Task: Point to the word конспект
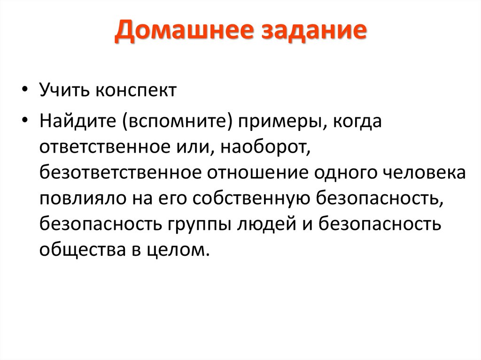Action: [136, 90]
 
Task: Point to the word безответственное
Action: [120, 172]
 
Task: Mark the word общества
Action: [81, 249]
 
